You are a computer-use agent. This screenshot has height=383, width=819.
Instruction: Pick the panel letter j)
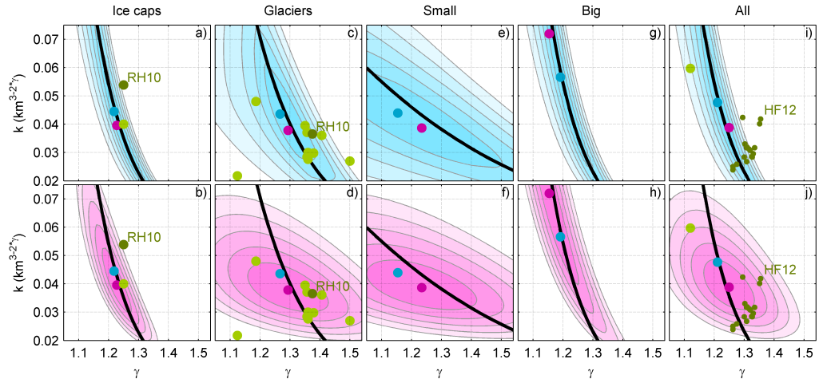point(806,193)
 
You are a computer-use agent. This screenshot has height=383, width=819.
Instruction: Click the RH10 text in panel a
point(145,77)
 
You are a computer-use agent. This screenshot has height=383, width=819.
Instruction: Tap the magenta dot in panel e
point(422,128)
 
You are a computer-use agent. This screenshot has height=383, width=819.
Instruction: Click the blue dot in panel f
point(398,273)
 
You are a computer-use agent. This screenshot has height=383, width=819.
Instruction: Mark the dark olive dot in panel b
point(124,245)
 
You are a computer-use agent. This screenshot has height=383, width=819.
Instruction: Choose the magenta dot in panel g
point(549,34)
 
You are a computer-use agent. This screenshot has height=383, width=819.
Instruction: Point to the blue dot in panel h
point(560,237)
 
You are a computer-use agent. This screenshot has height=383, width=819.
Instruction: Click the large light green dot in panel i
point(690,69)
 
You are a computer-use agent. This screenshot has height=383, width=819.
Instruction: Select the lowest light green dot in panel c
point(237,176)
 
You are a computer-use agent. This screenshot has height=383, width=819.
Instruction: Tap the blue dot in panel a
point(113,112)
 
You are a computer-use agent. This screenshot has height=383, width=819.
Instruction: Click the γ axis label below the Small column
point(439,372)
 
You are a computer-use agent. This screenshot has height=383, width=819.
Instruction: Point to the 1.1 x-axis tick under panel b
point(79,353)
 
